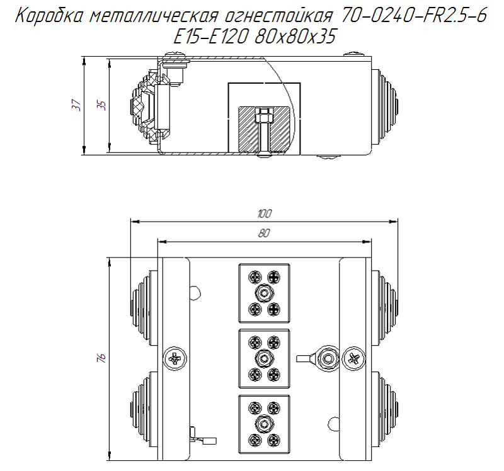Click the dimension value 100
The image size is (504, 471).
click(264, 214)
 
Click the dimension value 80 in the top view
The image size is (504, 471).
click(264, 233)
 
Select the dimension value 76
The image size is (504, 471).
click(101, 358)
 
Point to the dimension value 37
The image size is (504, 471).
click(76, 105)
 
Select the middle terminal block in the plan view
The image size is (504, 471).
click(264, 358)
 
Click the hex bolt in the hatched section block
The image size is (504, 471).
click(263, 117)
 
